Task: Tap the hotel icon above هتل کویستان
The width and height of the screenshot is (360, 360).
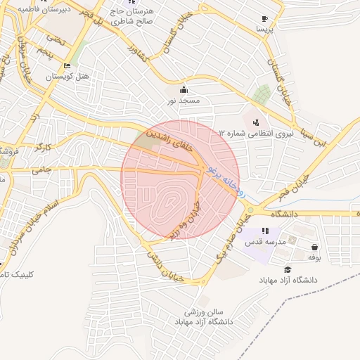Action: (67, 66)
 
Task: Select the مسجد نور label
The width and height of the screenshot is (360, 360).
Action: (184, 101)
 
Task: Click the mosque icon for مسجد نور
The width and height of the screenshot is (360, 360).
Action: (184, 89)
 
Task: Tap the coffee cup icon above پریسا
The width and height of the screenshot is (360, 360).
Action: (264, 19)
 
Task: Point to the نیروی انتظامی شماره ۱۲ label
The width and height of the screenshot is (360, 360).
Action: (255, 132)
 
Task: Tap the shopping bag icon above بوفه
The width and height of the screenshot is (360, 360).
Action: (313, 247)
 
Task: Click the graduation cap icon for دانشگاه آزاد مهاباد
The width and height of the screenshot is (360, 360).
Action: (287, 269)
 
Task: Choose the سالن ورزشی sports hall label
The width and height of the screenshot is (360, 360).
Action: (204, 311)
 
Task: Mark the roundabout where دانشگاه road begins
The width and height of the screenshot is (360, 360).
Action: (250, 210)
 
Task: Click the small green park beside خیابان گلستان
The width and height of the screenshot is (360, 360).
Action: (262, 94)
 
